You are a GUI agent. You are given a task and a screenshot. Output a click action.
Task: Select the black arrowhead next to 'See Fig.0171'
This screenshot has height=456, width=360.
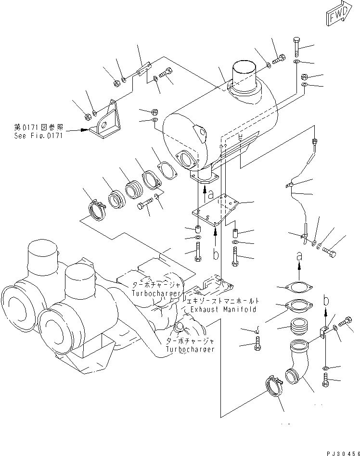click(85, 129)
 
